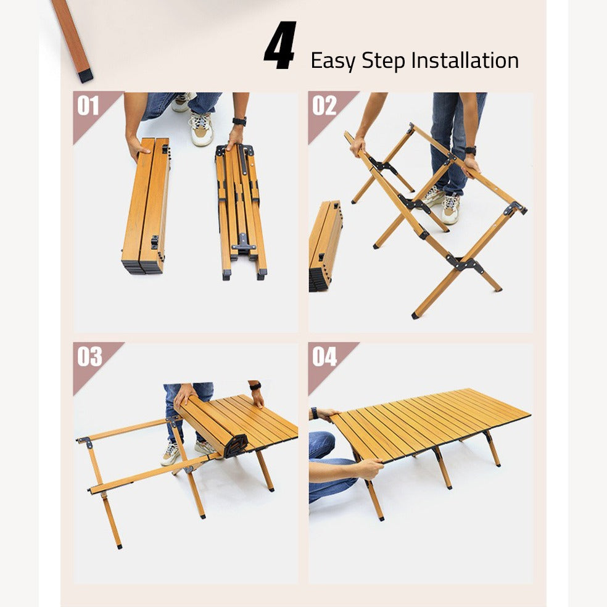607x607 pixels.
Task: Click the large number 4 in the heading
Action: click(281, 46)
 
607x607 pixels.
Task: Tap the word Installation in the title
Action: click(465, 60)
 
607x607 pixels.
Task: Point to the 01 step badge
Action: click(88, 106)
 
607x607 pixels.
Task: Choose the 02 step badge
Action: click(324, 106)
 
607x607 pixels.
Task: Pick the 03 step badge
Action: click(89, 357)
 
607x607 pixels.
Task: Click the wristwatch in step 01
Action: click(239, 121)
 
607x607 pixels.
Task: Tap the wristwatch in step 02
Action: click(471, 150)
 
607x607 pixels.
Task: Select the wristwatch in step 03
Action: click(255, 386)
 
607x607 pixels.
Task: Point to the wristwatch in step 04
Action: click(315, 413)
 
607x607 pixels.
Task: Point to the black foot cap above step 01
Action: click(85, 76)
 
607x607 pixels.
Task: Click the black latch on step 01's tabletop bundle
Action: click(155, 242)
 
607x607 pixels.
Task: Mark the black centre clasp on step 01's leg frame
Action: click(243, 246)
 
